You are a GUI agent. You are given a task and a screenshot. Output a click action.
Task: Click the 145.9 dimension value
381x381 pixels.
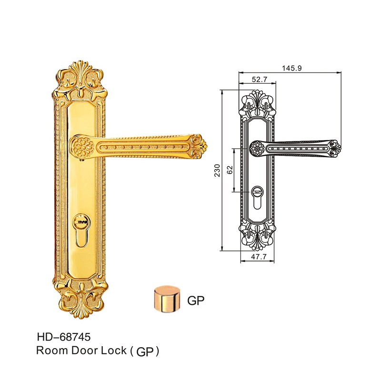[x=291, y=68]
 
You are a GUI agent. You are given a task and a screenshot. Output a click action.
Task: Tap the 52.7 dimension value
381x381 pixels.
[x=260, y=80]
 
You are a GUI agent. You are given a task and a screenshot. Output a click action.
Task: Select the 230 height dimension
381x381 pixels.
[x=217, y=170]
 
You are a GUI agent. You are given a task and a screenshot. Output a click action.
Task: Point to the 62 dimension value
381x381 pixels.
[x=230, y=170]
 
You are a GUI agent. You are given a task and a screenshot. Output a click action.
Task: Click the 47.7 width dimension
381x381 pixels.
[x=259, y=257]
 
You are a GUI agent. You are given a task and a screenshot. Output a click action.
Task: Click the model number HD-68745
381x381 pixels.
[x=64, y=337]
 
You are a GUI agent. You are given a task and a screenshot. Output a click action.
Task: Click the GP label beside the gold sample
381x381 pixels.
[x=196, y=301]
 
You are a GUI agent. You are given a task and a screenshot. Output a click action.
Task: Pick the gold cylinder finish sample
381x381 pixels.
[x=167, y=299]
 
